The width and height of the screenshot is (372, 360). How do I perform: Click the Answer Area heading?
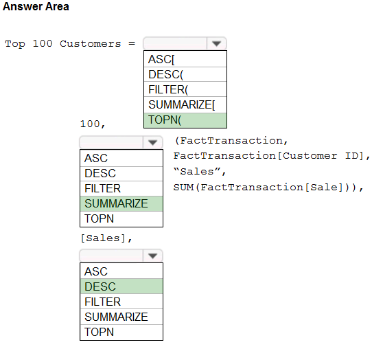[x=36, y=6]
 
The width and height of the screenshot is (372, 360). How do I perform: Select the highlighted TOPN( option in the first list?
[x=185, y=120]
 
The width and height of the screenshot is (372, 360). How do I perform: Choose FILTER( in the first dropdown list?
[x=185, y=89]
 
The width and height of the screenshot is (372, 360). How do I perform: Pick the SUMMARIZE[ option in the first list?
[x=185, y=104]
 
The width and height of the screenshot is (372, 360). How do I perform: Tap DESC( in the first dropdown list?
[x=185, y=74]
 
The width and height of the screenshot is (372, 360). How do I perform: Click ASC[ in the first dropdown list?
[x=185, y=59]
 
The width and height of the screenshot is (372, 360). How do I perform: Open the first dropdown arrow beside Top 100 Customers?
[x=216, y=43]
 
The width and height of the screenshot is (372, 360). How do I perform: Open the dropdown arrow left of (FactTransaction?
[x=152, y=142]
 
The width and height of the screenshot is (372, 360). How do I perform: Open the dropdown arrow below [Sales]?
[x=152, y=256]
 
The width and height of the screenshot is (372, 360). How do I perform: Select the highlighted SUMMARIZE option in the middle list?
[x=121, y=203]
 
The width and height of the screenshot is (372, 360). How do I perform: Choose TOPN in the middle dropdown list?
[x=121, y=218]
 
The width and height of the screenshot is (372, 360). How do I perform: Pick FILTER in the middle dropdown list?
[x=121, y=188]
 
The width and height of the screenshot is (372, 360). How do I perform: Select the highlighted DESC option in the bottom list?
[x=121, y=286]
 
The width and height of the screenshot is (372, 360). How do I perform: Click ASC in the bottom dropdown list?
[x=121, y=271]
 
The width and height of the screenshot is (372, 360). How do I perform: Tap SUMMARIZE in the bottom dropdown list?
[x=121, y=317]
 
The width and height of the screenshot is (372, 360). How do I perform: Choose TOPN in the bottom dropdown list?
[x=121, y=332]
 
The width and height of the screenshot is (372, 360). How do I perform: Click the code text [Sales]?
[x=106, y=238]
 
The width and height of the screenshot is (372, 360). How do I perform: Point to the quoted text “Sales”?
[x=200, y=171]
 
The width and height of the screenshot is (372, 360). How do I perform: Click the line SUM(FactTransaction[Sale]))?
[x=268, y=187]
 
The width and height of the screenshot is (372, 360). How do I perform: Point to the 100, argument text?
[x=93, y=124]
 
